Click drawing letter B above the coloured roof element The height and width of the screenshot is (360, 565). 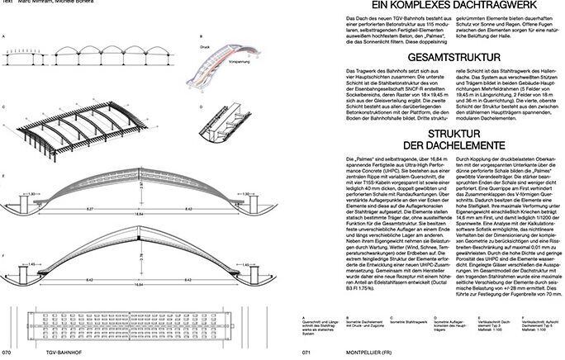point(200,37)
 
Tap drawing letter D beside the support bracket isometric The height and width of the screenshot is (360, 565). point(201,107)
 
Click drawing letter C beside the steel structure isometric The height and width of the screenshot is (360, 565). point(5,107)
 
